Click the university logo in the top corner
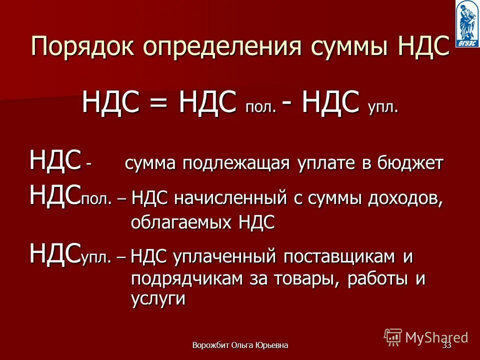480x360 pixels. [x=467, y=23]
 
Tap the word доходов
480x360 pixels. [x=405, y=197]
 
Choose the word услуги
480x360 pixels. [x=158, y=299]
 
